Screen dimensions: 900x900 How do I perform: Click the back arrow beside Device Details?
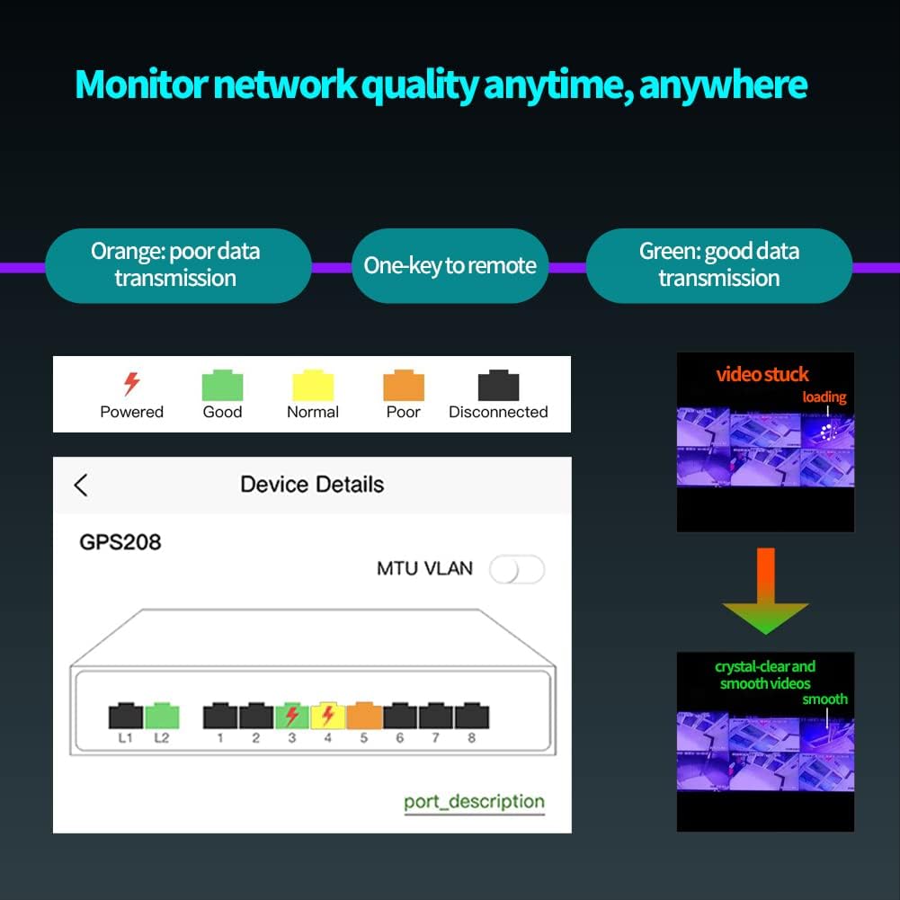[x=81, y=486]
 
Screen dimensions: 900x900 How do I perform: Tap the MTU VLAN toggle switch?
[x=517, y=569]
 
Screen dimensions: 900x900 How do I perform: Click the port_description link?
[x=474, y=802]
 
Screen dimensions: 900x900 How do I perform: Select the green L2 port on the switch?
[x=162, y=716]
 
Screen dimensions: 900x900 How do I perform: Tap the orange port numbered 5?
[x=364, y=716]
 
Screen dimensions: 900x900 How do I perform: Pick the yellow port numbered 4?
[x=328, y=716]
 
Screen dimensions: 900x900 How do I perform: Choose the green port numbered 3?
[x=292, y=716]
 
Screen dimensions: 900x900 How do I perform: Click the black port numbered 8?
[x=472, y=716]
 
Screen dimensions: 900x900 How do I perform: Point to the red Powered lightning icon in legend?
[x=131, y=385]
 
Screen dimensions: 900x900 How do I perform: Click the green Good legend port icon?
[x=222, y=386]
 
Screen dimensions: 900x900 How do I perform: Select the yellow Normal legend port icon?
[x=313, y=386]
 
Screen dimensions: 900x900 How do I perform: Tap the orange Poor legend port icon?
[x=403, y=386]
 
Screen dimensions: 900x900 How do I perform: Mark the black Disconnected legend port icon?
[x=498, y=386]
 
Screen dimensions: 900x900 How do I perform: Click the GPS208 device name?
[x=120, y=542]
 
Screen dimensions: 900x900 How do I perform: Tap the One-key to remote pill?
[x=450, y=265]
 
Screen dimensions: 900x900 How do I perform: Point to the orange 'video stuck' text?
[x=762, y=374]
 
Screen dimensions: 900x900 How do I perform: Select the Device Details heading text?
[x=312, y=485]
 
